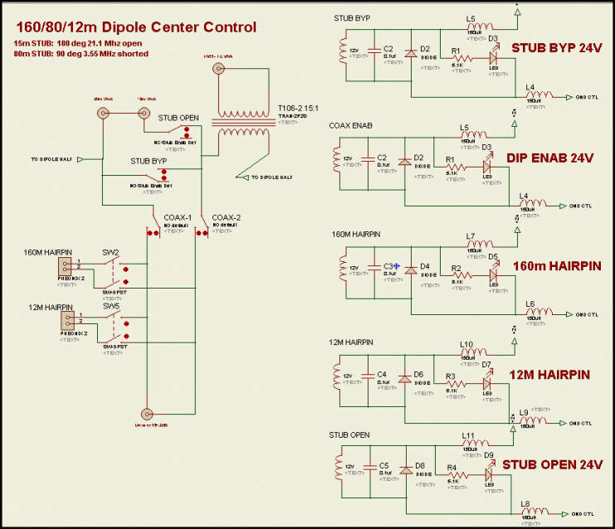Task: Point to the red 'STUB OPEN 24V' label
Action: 552,463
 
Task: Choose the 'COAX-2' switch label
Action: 226,217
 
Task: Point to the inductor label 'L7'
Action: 470,236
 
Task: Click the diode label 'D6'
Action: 419,375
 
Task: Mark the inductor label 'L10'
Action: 466,344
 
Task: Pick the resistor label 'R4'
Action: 451,468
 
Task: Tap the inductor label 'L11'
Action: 468,435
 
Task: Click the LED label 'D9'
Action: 491,455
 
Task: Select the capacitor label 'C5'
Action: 383,465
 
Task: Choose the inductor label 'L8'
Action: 525,504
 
